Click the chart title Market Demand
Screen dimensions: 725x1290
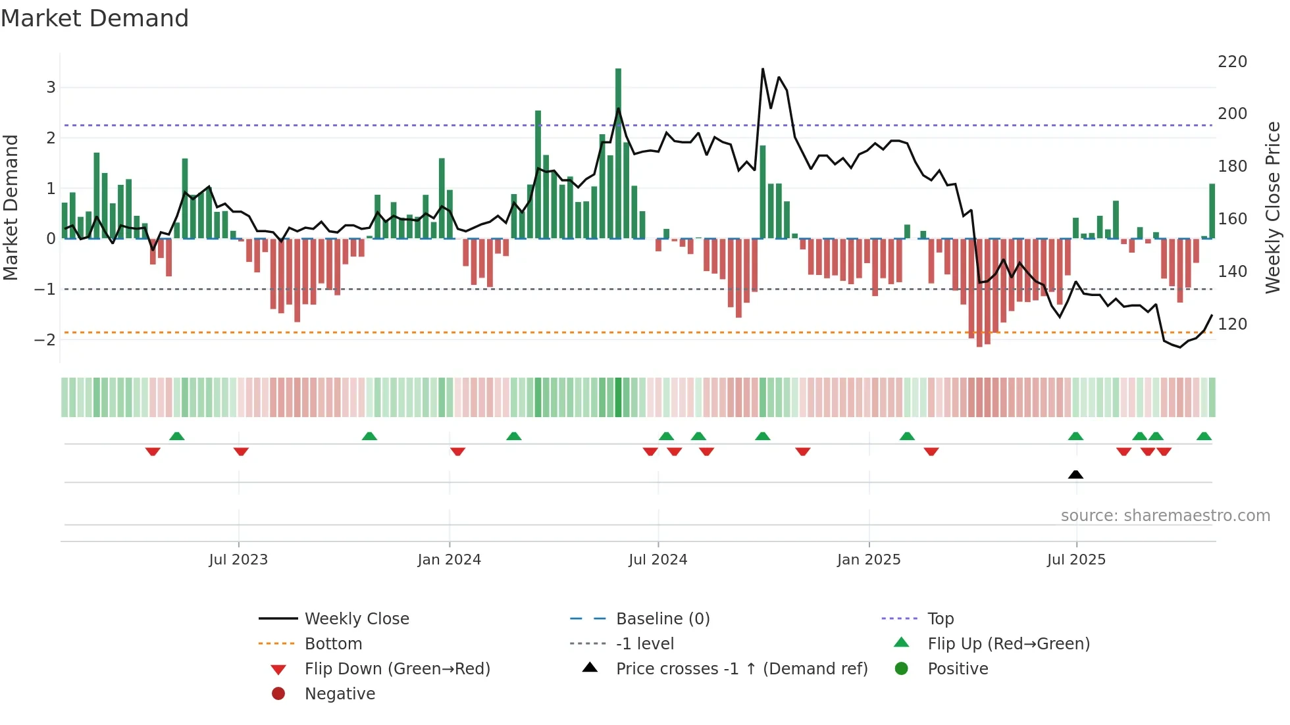point(95,18)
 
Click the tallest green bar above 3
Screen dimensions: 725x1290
point(618,151)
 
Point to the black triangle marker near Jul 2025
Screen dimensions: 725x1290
point(1075,474)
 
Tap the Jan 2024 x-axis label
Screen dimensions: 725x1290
point(449,560)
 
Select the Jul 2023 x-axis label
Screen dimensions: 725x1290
point(238,560)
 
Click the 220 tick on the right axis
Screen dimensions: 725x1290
point(1232,62)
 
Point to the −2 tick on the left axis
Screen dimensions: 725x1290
point(45,340)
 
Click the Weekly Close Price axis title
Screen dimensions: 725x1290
point(1273,207)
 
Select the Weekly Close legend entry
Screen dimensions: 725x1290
point(356,619)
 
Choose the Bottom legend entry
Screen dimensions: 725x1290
point(333,644)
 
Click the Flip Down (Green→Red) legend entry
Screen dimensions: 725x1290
point(397,669)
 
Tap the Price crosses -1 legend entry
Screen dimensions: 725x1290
point(741,669)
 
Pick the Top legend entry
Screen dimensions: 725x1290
point(940,619)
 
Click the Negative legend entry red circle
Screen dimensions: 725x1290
point(278,694)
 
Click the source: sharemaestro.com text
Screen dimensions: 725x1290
point(1165,516)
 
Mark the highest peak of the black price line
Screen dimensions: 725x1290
point(763,69)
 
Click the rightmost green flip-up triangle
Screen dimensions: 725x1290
point(1204,436)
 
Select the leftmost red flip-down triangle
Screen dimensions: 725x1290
point(153,451)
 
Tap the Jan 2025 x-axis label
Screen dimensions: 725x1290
point(868,560)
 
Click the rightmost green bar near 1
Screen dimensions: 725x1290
point(1212,211)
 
